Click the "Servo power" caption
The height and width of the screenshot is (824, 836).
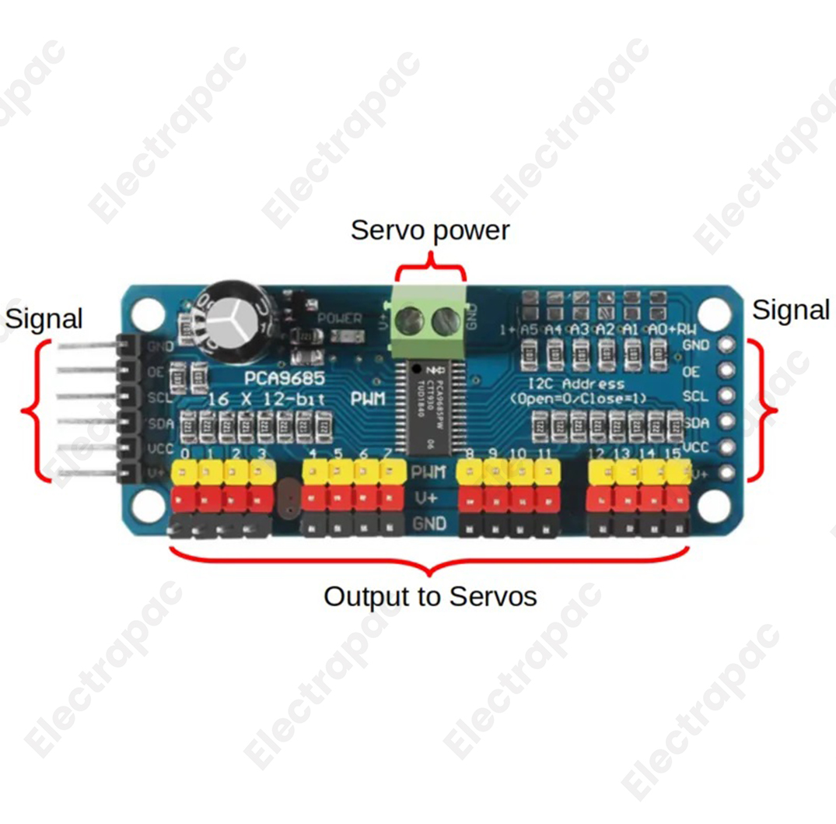coord(430,230)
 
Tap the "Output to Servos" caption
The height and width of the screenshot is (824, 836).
coord(430,597)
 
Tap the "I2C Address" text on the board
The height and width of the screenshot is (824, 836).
coord(575,384)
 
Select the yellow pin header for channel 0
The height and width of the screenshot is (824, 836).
coord(186,471)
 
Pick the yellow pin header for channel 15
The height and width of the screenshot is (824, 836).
coord(676,472)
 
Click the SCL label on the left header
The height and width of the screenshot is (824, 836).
coord(156,397)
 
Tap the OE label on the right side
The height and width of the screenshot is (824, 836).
coord(691,372)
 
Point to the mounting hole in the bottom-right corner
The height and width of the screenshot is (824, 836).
coord(712,505)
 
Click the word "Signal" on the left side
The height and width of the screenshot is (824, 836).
coord(44,318)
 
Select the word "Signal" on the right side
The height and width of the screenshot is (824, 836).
coord(791,310)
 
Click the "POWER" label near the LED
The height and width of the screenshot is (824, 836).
coord(340,318)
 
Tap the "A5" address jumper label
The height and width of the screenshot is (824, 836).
coord(529,329)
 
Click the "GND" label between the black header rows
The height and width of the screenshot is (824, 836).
coord(430,524)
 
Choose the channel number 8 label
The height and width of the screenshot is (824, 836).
coord(469,454)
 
